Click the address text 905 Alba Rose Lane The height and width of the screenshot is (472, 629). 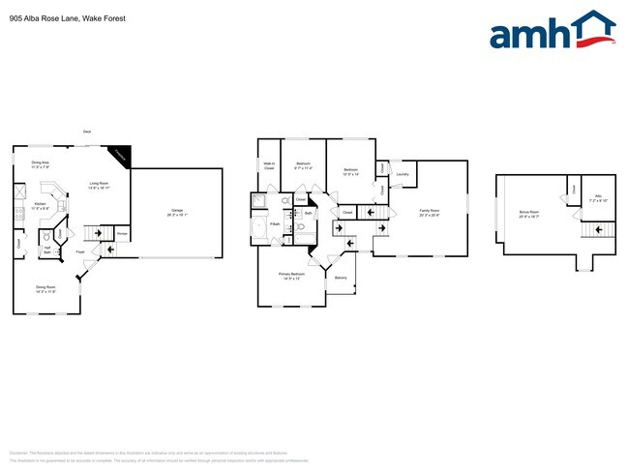49,17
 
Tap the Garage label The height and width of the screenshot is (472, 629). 177,212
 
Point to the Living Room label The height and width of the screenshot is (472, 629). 99,185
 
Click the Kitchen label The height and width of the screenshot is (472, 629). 40,206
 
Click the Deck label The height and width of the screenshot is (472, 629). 87,131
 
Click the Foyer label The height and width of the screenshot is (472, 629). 80,251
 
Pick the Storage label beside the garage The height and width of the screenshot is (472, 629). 122,233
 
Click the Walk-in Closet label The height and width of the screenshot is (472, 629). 269,167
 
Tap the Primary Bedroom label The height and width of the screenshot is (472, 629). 291,277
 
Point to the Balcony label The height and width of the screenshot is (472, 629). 341,278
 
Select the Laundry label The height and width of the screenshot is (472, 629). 403,175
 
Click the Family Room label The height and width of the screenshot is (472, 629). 429,212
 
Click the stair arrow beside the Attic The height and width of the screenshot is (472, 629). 599,229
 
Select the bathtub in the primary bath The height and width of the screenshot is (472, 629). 259,228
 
